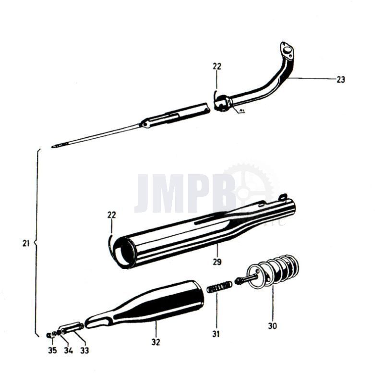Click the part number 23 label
[340, 80]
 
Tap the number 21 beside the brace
[26, 243]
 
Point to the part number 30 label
[273, 325]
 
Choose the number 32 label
[156, 342]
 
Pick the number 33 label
[84, 350]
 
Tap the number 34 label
[68, 350]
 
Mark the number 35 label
[52, 350]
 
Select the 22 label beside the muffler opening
[111, 215]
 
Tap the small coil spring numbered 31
[219, 287]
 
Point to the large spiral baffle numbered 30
[278, 271]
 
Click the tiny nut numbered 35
[50, 335]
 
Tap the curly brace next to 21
[36, 243]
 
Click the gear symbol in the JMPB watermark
[250, 187]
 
